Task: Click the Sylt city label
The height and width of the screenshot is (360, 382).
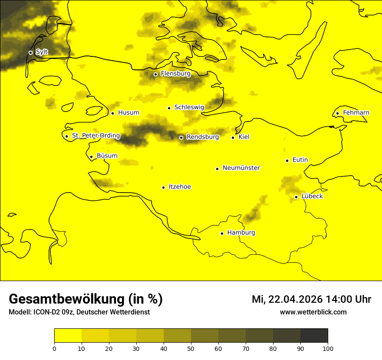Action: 42,52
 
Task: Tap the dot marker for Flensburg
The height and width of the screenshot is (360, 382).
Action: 155,74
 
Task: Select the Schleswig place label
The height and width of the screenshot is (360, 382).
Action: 189,107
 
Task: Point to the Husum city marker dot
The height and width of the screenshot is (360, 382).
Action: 112,113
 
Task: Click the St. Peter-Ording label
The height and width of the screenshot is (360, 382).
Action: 95,136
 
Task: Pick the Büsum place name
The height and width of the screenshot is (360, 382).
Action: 107,156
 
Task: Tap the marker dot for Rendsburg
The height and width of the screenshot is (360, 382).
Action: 181,137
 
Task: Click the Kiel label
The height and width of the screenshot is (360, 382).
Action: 244,137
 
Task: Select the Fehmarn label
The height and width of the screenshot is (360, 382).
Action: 356,113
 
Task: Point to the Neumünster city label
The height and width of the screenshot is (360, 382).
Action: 241,168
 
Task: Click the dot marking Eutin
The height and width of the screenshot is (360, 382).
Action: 287,160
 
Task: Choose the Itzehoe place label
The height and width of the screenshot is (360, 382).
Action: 180,187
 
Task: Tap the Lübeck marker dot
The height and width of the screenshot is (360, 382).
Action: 296,197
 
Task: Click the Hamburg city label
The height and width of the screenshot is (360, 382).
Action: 241,233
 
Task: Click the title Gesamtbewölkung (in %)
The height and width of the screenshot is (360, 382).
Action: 86,299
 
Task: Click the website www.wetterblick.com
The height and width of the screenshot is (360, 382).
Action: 313,312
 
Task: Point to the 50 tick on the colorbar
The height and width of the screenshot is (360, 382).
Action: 191,348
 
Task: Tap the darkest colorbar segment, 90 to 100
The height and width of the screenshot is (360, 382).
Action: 314,336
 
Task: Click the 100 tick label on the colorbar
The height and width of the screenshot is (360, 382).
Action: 328,348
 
